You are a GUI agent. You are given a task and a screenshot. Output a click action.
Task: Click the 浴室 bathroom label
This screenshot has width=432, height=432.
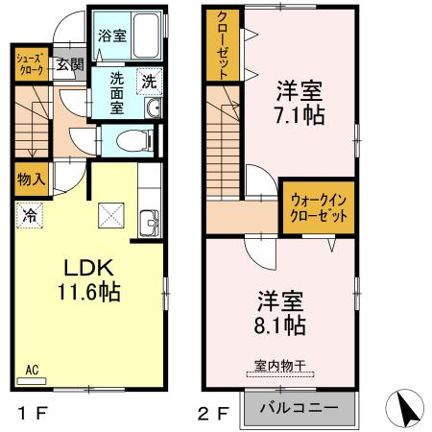point(111,36)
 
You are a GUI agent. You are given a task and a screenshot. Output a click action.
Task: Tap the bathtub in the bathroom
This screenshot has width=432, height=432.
point(147,36)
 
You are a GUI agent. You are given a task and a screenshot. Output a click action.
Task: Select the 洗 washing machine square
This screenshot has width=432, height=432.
point(149,82)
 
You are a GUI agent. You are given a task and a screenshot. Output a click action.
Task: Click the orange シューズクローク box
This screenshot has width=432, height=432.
point(30,64)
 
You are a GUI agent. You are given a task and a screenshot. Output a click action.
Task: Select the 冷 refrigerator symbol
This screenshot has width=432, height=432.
point(32,216)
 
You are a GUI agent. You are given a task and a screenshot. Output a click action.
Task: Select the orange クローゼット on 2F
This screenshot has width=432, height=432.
point(222,46)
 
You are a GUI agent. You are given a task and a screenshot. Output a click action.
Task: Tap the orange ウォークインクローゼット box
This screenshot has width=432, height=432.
point(317,207)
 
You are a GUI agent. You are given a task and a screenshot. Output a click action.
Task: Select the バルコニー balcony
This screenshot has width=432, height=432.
point(299,407)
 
